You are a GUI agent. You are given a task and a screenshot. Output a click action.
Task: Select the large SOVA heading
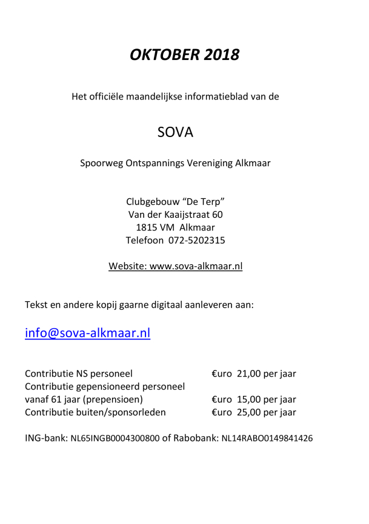pyautogui.click(x=175, y=132)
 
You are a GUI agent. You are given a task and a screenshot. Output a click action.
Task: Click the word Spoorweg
pyautogui.click(x=101, y=164)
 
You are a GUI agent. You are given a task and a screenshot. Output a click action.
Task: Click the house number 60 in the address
pyautogui.click(x=225, y=215)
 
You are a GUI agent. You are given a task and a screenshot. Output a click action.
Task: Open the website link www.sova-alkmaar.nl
pyautogui.click(x=197, y=266)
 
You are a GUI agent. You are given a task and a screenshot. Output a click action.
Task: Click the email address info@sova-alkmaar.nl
pyautogui.click(x=87, y=334)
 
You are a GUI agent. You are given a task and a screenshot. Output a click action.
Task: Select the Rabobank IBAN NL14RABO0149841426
pyautogui.click(x=267, y=438)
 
